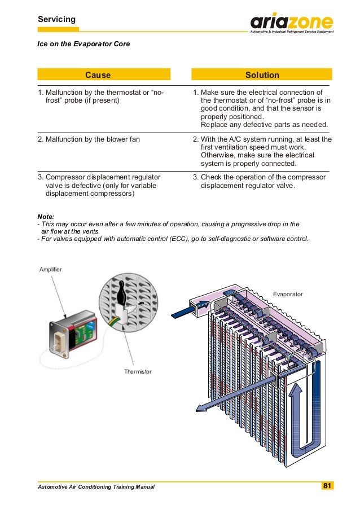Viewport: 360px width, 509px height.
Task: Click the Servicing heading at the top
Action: point(56,20)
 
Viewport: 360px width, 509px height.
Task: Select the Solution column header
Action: point(262,75)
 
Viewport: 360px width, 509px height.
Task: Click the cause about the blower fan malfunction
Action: point(89,139)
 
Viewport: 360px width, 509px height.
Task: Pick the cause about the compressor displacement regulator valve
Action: point(99,185)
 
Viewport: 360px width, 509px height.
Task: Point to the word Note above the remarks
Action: point(46,216)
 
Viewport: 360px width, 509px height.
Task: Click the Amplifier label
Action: point(51,270)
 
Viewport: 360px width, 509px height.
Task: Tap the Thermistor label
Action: point(138,372)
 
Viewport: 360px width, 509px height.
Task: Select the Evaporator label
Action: point(288,295)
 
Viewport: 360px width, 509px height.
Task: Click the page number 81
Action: point(327,486)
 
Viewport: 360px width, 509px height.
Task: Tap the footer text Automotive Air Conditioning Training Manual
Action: point(96,487)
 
